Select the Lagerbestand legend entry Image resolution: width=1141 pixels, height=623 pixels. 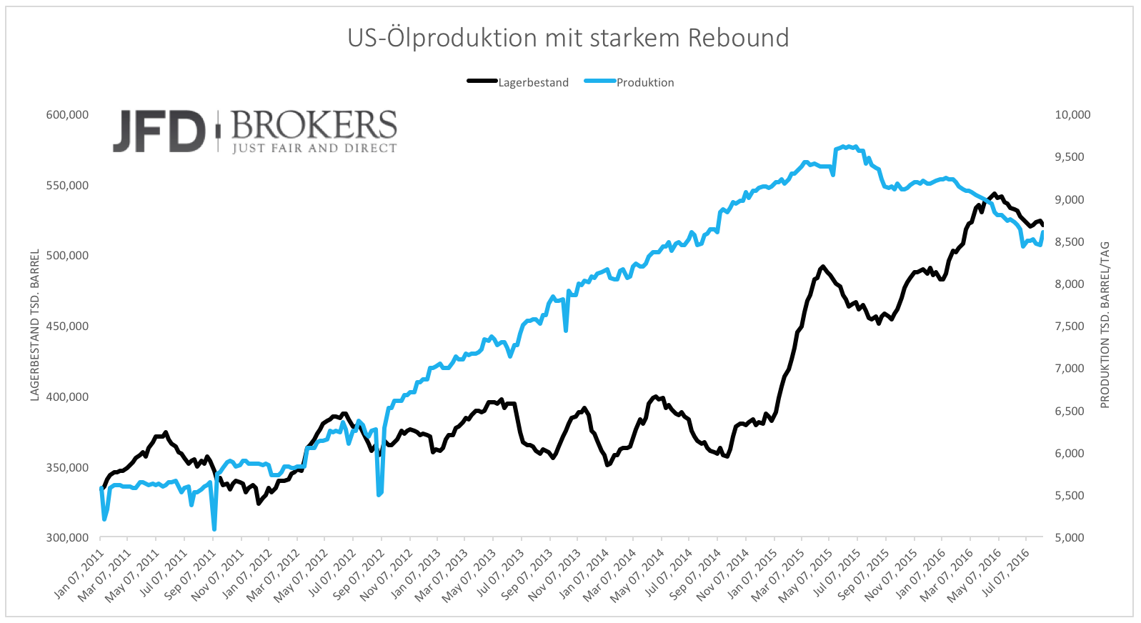pyautogui.click(x=533, y=82)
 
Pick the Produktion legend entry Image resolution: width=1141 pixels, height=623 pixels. pyautogui.click(x=644, y=82)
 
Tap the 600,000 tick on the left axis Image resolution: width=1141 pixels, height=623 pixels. pyautogui.click(x=67, y=114)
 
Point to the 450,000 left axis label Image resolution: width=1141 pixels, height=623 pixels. pyautogui.click(x=67, y=327)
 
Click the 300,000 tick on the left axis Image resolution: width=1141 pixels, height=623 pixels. pyautogui.click(x=67, y=538)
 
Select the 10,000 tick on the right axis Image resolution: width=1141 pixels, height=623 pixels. pyautogui.click(x=1072, y=114)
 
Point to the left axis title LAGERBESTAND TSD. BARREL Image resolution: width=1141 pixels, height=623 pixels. pyautogui.click(x=34, y=325)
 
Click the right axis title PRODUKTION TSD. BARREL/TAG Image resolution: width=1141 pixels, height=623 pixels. pyautogui.click(x=1105, y=325)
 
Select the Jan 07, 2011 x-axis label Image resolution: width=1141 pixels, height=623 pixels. pyautogui.click(x=80, y=574)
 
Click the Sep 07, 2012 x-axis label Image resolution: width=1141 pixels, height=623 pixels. pyautogui.click(x=361, y=574)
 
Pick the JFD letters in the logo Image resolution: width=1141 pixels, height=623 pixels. pyautogui.click(x=159, y=131)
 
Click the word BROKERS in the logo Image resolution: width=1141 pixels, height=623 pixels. pyautogui.click(x=314, y=126)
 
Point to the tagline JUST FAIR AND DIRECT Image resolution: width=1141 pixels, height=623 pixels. pyautogui.click(x=314, y=149)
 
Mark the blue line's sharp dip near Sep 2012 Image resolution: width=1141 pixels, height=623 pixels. pyautogui.click(x=379, y=494)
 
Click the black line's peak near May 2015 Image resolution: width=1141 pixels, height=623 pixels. pyautogui.click(x=823, y=266)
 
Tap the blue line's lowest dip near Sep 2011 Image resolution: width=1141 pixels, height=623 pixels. pyautogui.click(x=214, y=529)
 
